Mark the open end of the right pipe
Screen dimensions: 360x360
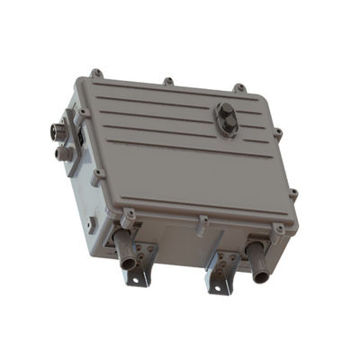click(260, 274)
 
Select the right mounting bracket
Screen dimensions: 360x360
click(222, 268)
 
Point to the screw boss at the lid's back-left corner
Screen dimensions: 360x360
click(95, 72)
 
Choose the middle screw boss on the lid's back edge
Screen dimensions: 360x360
click(168, 81)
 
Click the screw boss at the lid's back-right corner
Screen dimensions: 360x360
click(239, 88)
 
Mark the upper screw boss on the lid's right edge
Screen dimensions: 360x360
click(278, 134)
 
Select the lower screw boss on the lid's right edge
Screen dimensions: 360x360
click(293, 193)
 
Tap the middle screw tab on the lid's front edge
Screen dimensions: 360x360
click(203, 220)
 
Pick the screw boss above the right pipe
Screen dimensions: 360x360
click(279, 229)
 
